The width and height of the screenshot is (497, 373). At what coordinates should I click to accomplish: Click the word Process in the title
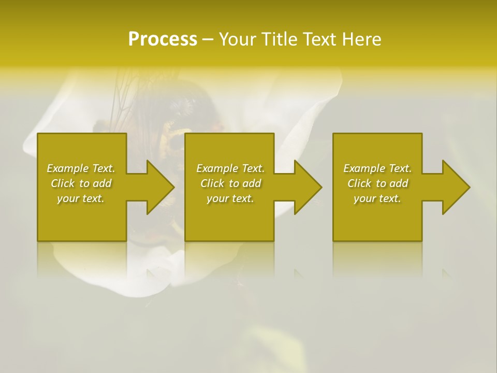pyautogui.click(x=163, y=39)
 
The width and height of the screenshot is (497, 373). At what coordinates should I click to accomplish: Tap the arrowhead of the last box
pyautogui.click(x=455, y=187)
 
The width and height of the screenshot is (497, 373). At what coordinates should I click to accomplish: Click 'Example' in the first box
pyautogui.click(x=68, y=168)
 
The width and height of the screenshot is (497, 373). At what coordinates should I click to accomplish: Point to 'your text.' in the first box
pyautogui.click(x=81, y=198)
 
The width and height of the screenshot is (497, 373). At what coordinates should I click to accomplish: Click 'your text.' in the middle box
pyautogui.click(x=230, y=198)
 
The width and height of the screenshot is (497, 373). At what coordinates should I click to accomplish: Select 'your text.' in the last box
pyautogui.click(x=377, y=198)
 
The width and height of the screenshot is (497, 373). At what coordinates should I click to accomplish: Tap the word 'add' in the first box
pyautogui.click(x=102, y=183)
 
